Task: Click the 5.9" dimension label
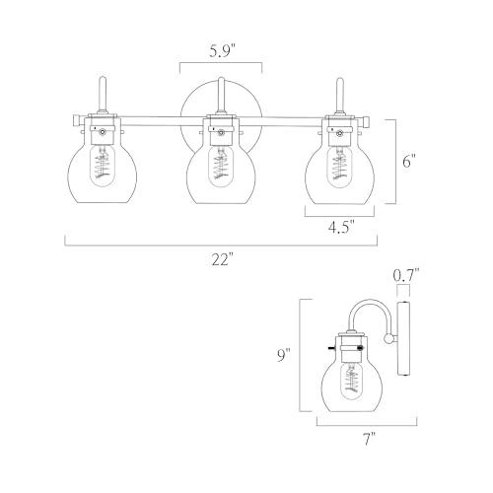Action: point(223,51)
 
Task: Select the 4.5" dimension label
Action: point(341,227)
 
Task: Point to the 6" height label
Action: point(409,162)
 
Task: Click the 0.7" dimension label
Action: point(406,275)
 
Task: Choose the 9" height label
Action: point(284,355)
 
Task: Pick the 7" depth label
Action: point(369,439)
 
